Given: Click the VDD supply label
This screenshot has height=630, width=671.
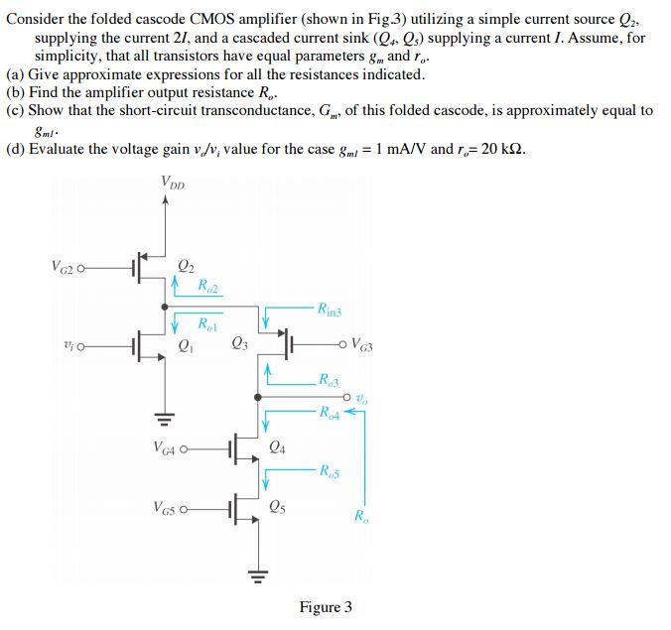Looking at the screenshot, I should [x=172, y=183].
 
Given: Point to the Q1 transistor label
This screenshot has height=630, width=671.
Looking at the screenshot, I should [x=185, y=346].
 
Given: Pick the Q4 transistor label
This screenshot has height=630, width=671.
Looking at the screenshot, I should [x=279, y=447].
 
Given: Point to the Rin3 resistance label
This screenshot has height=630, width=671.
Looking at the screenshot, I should [x=330, y=311].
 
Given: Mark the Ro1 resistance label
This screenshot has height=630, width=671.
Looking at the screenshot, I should [x=207, y=324].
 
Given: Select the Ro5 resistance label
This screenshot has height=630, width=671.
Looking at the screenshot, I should [x=331, y=472].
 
